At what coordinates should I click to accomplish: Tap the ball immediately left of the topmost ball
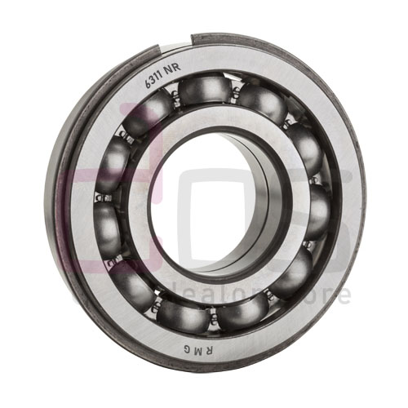coord(151,105)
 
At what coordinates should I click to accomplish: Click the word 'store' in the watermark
coord(323,294)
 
